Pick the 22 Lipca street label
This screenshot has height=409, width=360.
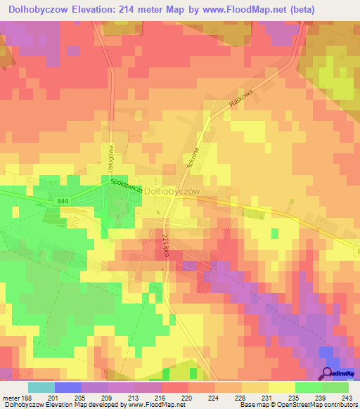pyautogui.click(x=166, y=246)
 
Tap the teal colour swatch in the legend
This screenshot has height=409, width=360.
pyautogui.click(x=41, y=387)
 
